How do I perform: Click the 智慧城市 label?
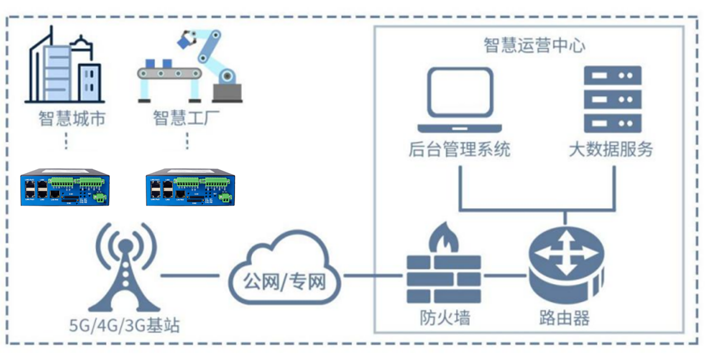[72, 119]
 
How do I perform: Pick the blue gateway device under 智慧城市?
[65, 190]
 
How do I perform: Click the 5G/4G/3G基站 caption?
[124, 325]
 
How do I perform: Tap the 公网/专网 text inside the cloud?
[284, 282]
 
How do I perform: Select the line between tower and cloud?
[189, 275]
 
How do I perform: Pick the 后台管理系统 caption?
[459, 149]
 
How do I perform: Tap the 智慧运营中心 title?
[534, 45]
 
